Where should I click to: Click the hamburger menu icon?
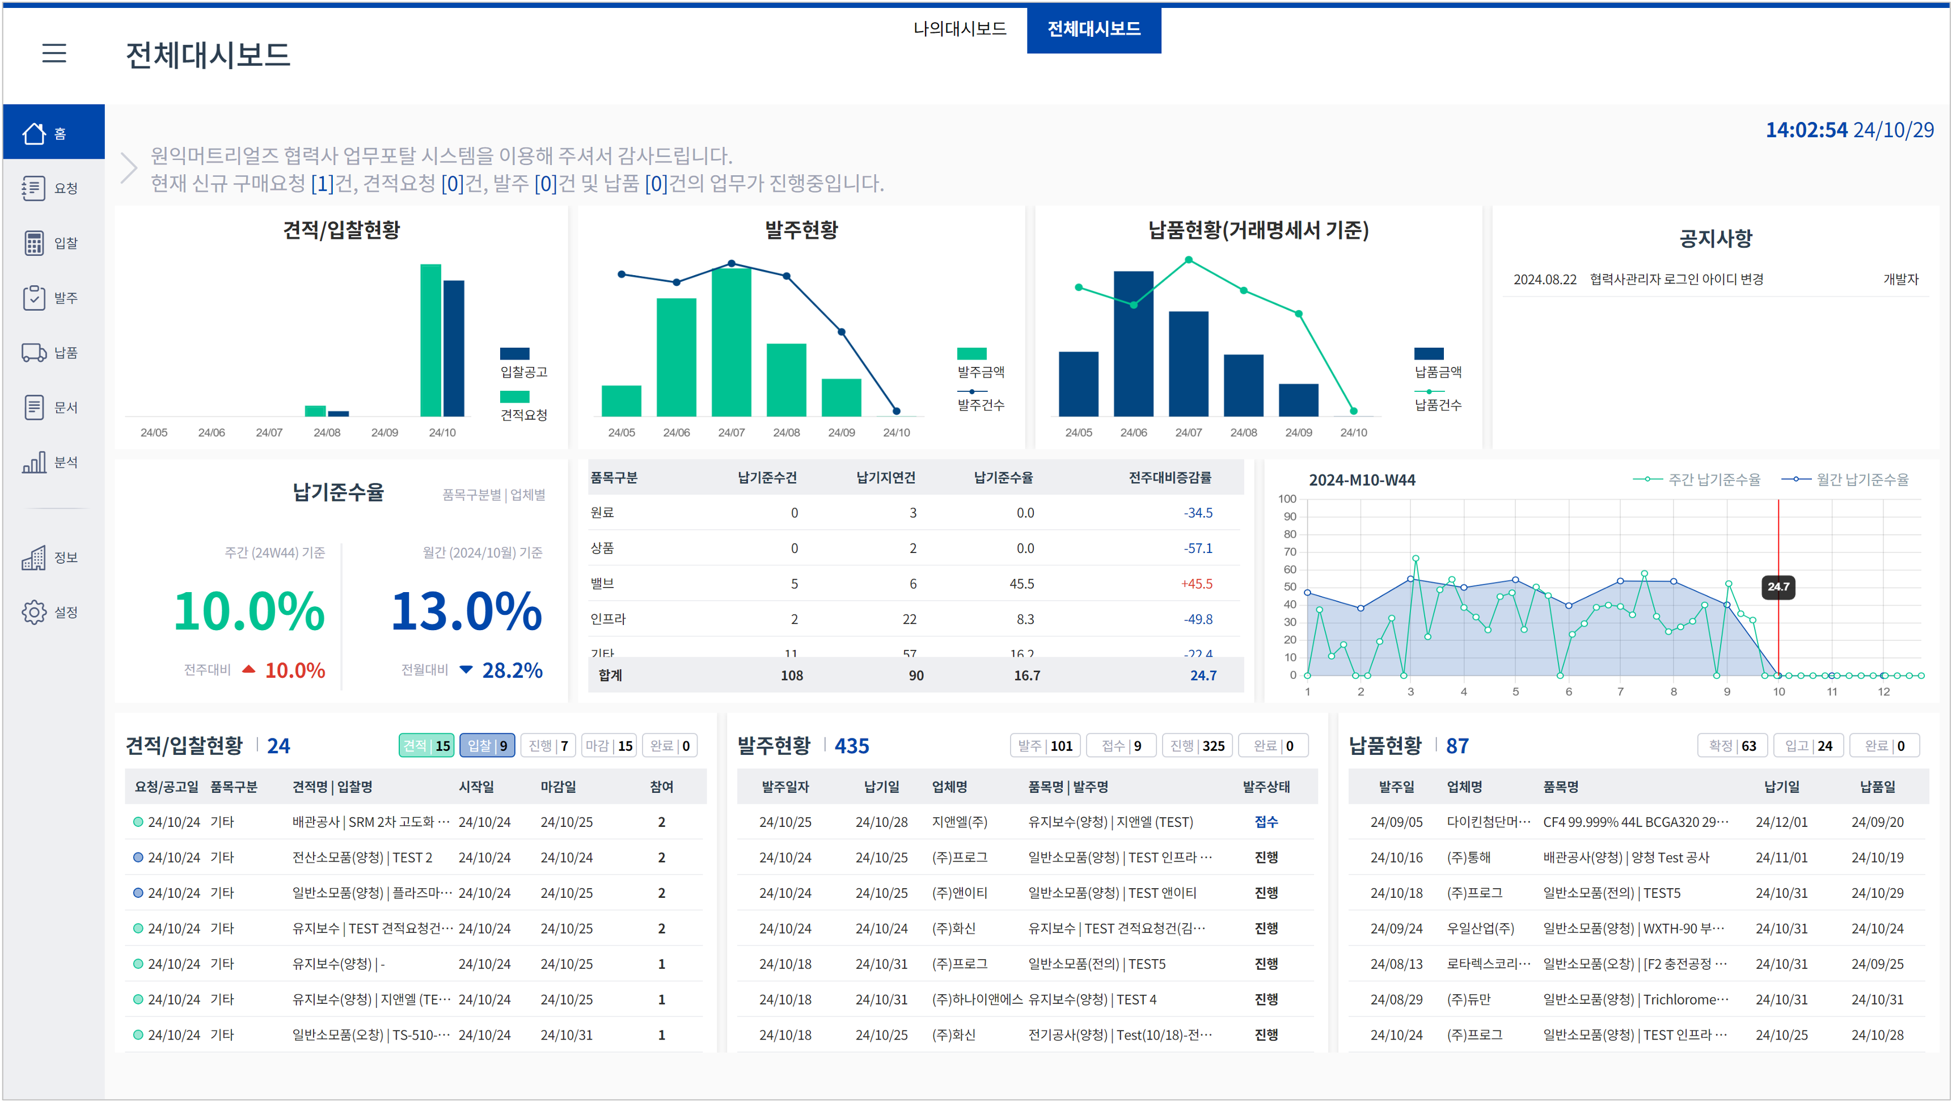pyautogui.click(x=54, y=53)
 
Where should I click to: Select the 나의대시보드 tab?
pyautogui.click(x=960, y=29)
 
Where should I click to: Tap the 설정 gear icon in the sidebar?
pyautogui.click(x=34, y=611)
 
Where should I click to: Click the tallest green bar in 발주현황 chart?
pyautogui.click(x=731, y=341)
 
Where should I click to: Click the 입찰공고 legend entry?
pyautogui.click(x=523, y=363)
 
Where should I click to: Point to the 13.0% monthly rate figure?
pyautogui.click(x=466, y=611)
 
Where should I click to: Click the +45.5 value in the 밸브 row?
pyautogui.click(x=1197, y=584)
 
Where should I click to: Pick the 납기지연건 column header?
pyautogui.click(x=885, y=478)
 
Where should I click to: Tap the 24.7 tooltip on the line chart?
pyautogui.click(x=1778, y=586)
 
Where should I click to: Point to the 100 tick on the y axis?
pyautogui.click(x=1287, y=499)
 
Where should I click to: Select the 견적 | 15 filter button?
pyautogui.click(x=426, y=746)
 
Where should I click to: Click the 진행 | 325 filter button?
pyautogui.click(x=1197, y=746)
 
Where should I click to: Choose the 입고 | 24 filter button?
pyautogui.click(x=1808, y=746)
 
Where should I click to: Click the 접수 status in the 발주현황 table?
pyautogui.click(x=1266, y=822)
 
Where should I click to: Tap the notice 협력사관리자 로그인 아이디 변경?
pyautogui.click(x=1676, y=279)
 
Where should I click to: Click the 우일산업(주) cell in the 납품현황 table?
pyautogui.click(x=1480, y=928)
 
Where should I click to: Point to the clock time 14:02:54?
pyautogui.click(x=1806, y=130)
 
